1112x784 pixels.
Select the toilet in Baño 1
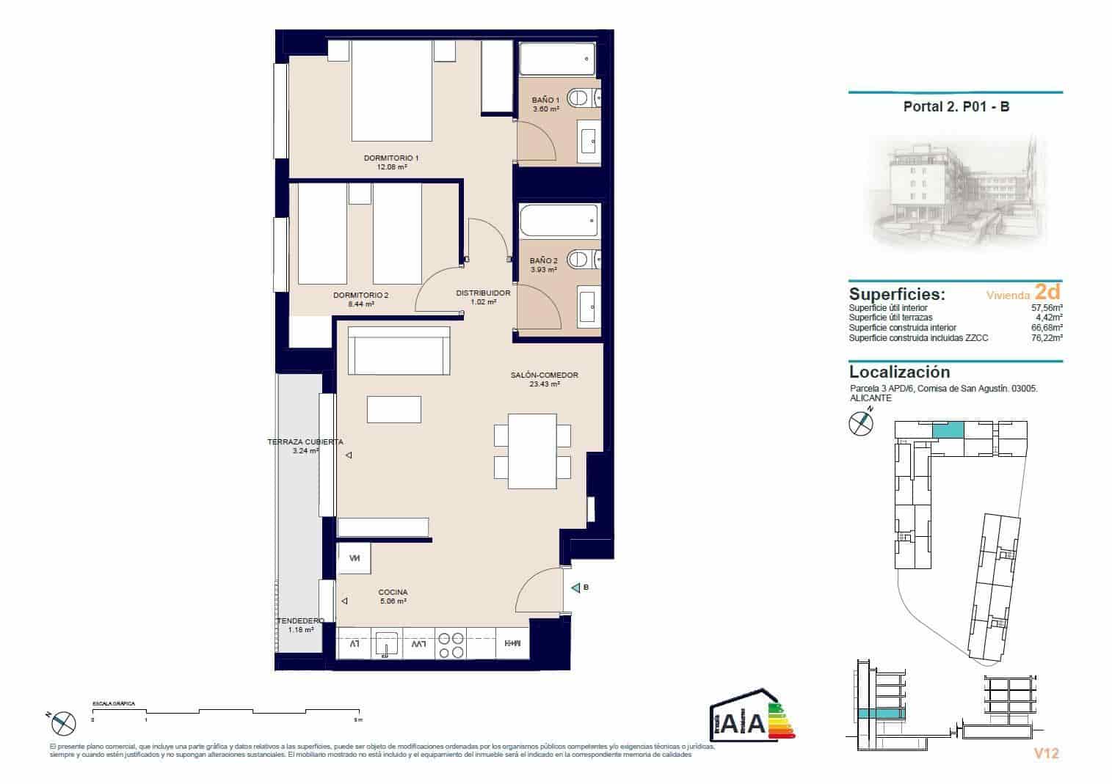pyautogui.click(x=584, y=97)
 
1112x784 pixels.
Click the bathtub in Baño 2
pyautogui.click(x=558, y=219)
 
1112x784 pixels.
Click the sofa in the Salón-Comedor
pyautogui.click(x=399, y=351)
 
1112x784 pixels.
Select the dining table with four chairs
pyautogui.click(x=533, y=451)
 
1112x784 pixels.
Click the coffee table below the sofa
pyautogui.click(x=394, y=409)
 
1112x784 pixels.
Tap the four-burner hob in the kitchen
pyautogui.click(x=451, y=644)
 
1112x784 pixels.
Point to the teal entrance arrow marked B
pyautogui.click(x=575, y=587)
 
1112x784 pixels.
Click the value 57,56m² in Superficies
pyautogui.click(x=1047, y=309)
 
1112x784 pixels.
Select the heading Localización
pyautogui.click(x=899, y=372)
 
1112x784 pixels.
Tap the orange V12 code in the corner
pyautogui.click(x=1046, y=753)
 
